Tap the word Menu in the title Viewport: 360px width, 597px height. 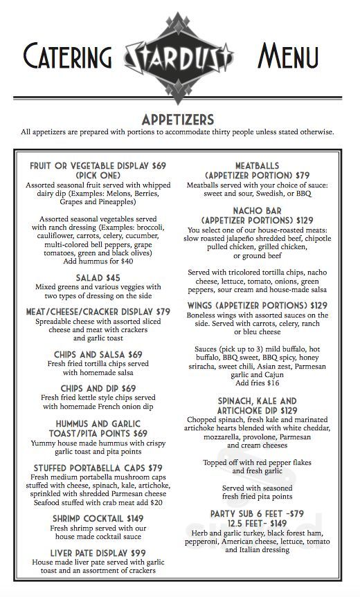coord(288,57)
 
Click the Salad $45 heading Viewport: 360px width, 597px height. coord(98,278)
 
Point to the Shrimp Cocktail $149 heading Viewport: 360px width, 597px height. coord(98,518)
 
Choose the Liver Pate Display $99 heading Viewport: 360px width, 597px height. coord(98,553)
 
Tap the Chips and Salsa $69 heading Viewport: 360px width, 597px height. coord(98,354)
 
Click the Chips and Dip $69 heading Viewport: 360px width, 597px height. coord(98,389)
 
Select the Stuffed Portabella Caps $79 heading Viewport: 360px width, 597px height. coord(98,468)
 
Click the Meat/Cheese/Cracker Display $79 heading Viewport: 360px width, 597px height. coord(98,312)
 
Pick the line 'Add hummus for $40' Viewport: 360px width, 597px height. coord(98,261)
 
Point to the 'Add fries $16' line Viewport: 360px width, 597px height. coord(258,383)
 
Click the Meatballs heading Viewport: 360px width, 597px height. coord(258,166)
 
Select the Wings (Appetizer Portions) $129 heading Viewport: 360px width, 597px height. coord(258,305)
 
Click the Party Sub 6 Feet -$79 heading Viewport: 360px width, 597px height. coord(258,513)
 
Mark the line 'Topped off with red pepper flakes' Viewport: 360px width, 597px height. coord(258,462)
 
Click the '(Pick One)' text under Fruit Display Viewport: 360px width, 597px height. coord(98,176)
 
